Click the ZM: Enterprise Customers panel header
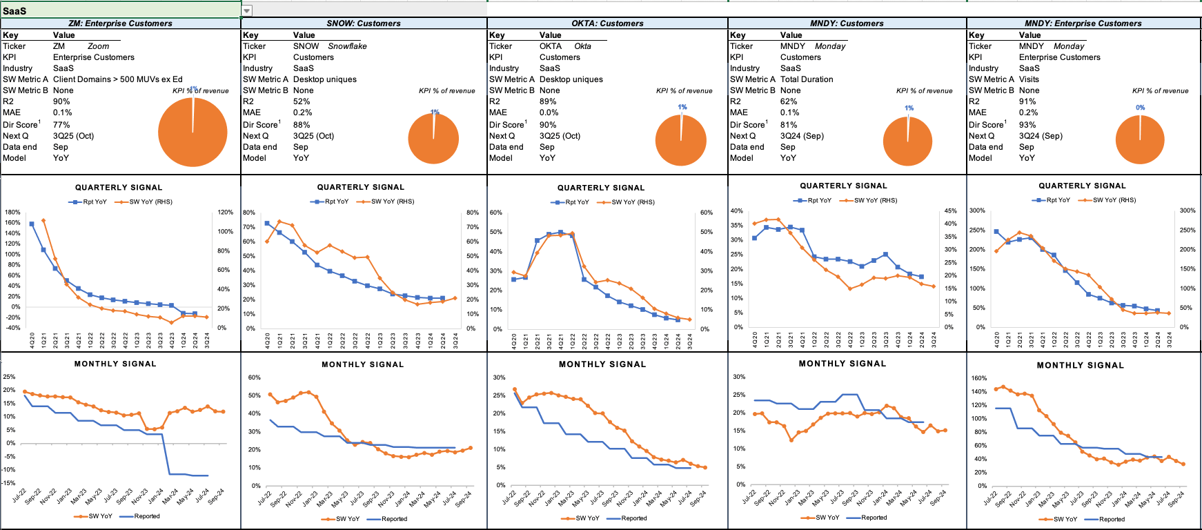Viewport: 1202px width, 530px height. pyautogui.click(x=120, y=23)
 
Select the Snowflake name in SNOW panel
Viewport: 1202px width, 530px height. pyautogui.click(x=347, y=46)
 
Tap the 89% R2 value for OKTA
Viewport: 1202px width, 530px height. pyautogui.click(x=548, y=101)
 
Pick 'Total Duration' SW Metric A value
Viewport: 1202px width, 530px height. pyautogui.click(x=807, y=79)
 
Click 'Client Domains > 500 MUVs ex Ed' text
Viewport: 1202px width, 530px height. pyautogui.click(x=118, y=79)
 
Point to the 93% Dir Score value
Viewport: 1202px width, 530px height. pyautogui.click(x=1027, y=125)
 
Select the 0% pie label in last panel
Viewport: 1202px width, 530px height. pyautogui.click(x=1140, y=108)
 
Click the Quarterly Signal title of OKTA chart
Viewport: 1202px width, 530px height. pyautogui.click(x=601, y=188)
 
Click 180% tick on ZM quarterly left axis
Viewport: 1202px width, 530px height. pyautogui.click(x=12, y=213)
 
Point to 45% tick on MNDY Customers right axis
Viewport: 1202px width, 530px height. pyautogui.click(x=950, y=210)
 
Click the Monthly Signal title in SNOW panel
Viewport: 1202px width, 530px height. pyautogui.click(x=362, y=364)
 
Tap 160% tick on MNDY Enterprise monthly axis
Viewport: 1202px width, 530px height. pyautogui.click(x=978, y=378)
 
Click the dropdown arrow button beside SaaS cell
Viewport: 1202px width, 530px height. pyautogui.click(x=246, y=10)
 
